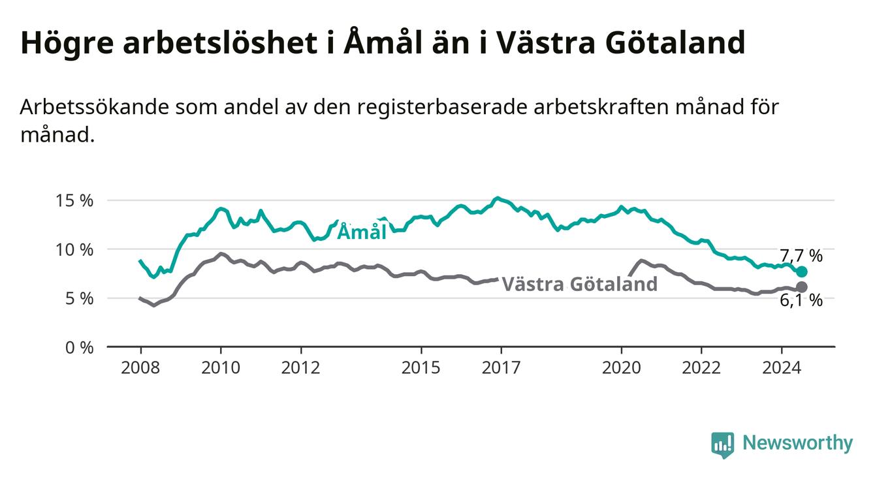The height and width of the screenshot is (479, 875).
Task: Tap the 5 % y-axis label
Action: coord(79,299)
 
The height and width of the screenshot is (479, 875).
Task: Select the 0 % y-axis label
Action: coord(79,347)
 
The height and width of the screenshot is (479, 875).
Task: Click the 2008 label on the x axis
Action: coord(140,368)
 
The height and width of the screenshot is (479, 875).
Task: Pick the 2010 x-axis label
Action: coord(221,368)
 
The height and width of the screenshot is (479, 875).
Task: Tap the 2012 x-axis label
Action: coord(301,368)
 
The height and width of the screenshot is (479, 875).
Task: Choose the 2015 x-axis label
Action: coord(421,368)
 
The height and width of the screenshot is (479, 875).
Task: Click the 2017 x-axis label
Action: coord(501,368)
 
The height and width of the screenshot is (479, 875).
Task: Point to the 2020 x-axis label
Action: coord(622,368)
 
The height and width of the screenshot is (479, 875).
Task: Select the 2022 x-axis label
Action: coord(701,368)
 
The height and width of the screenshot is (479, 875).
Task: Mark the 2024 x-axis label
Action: coord(782,368)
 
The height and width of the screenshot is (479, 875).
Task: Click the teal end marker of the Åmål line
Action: coord(802,271)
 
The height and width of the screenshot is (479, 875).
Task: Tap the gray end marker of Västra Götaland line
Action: coord(802,287)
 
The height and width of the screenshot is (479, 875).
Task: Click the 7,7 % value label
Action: coord(802,256)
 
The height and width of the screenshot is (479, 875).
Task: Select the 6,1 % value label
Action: coord(802,300)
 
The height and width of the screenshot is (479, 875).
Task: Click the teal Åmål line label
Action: coord(362,231)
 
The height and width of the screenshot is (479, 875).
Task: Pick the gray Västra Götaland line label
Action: coord(580,284)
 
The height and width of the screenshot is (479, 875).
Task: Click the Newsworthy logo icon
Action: coord(723,444)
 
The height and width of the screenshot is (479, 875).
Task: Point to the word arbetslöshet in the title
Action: coord(220,42)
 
